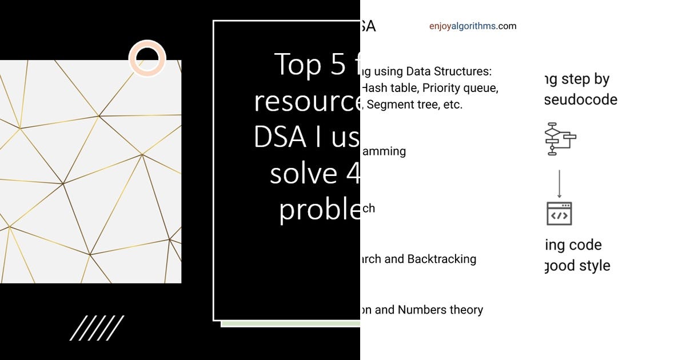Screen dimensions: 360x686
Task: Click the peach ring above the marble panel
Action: coord(147,58)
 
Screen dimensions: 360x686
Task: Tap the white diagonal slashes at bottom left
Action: coord(97,328)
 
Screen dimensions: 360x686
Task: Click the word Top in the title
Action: coord(298,64)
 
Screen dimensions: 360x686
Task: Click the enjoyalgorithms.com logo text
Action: coord(473,26)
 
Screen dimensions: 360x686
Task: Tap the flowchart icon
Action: coord(560,138)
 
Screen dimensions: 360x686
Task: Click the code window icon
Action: coord(559,213)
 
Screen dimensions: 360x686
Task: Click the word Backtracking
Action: coord(441,259)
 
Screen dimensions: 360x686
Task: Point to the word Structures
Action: coord(463,71)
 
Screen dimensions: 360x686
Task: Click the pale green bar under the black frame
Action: coord(290,324)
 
